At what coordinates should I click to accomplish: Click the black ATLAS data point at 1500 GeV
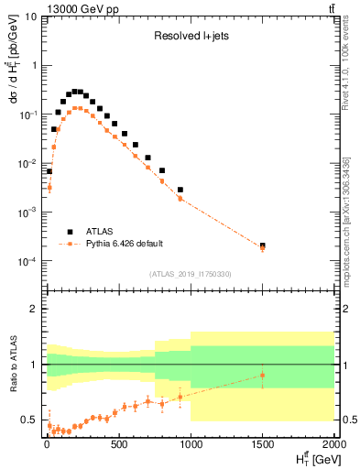tap(262, 245)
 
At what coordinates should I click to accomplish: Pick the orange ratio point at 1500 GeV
tap(262, 375)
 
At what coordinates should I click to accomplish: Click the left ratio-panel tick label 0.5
tap(31, 420)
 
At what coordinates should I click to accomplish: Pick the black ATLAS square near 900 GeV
tap(180, 190)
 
